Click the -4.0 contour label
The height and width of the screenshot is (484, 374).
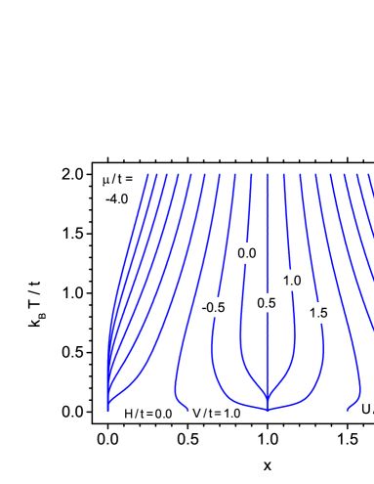tap(117, 199)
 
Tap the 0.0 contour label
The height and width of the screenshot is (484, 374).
tap(247, 253)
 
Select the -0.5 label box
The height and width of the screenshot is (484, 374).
tap(213, 307)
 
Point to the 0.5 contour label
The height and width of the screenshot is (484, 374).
tap(267, 303)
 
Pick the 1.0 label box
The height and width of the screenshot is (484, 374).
tap(292, 281)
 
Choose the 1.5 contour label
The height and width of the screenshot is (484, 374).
tap(317, 313)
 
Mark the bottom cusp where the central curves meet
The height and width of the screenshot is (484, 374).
tap(268, 410)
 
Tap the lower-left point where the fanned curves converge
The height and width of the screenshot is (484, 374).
tap(107, 409)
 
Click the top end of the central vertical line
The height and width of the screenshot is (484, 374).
tap(268, 176)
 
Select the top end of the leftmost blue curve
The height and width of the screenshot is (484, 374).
tap(147, 176)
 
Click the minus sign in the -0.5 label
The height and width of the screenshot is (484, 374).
tap(203, 308)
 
